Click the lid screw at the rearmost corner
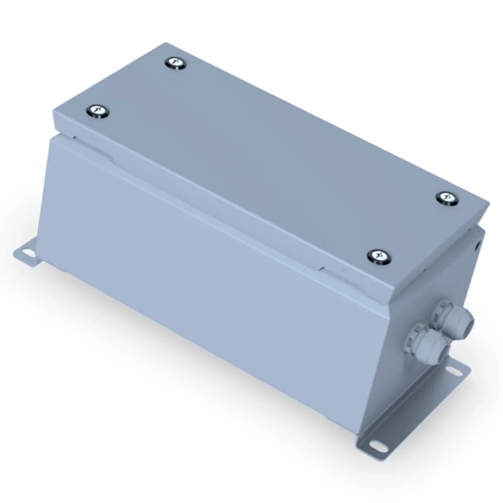click(176, 63)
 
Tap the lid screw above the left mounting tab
click(98, 112)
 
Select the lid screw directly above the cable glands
click(447, 199)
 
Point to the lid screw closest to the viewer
click(377, 256)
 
